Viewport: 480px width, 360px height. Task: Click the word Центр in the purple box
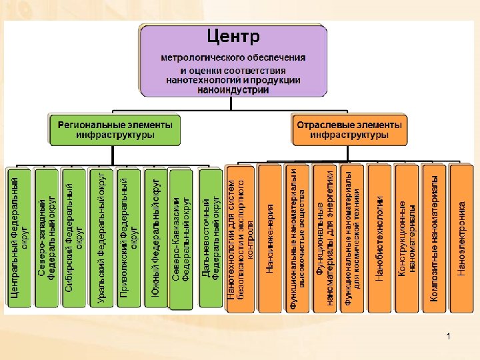click(x=233, y=35)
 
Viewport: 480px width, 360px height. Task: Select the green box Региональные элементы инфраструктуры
click(x=115, y=129)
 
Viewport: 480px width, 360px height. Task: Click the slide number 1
click(x=449, y=337)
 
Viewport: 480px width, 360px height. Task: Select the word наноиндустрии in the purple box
click(x=233, y=90)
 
